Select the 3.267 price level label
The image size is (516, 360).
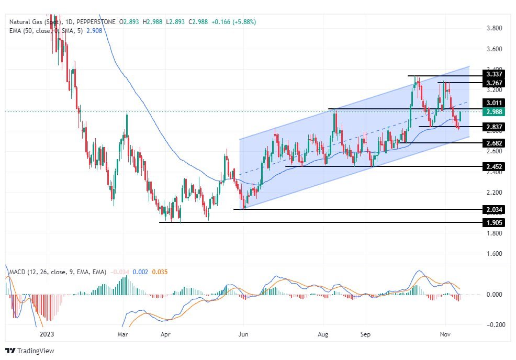[x=495, y=83]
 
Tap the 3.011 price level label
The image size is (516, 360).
[x=495, y=103]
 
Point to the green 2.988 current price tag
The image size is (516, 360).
[x=495, y=111]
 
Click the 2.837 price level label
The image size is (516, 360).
[x=495, y=127]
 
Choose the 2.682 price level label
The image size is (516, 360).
[x=495, y=143]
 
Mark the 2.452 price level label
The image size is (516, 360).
[x=495, y=166]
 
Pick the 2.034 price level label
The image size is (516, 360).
[x=495, y=210]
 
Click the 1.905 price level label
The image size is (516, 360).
[x=495, y=222]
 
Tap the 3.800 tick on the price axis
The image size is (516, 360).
[x=495, y=28]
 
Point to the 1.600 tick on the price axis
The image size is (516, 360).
[x=495, y=254]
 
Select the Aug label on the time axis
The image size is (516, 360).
[x=323, y=333]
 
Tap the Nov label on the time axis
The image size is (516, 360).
[x=445, y=333]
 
